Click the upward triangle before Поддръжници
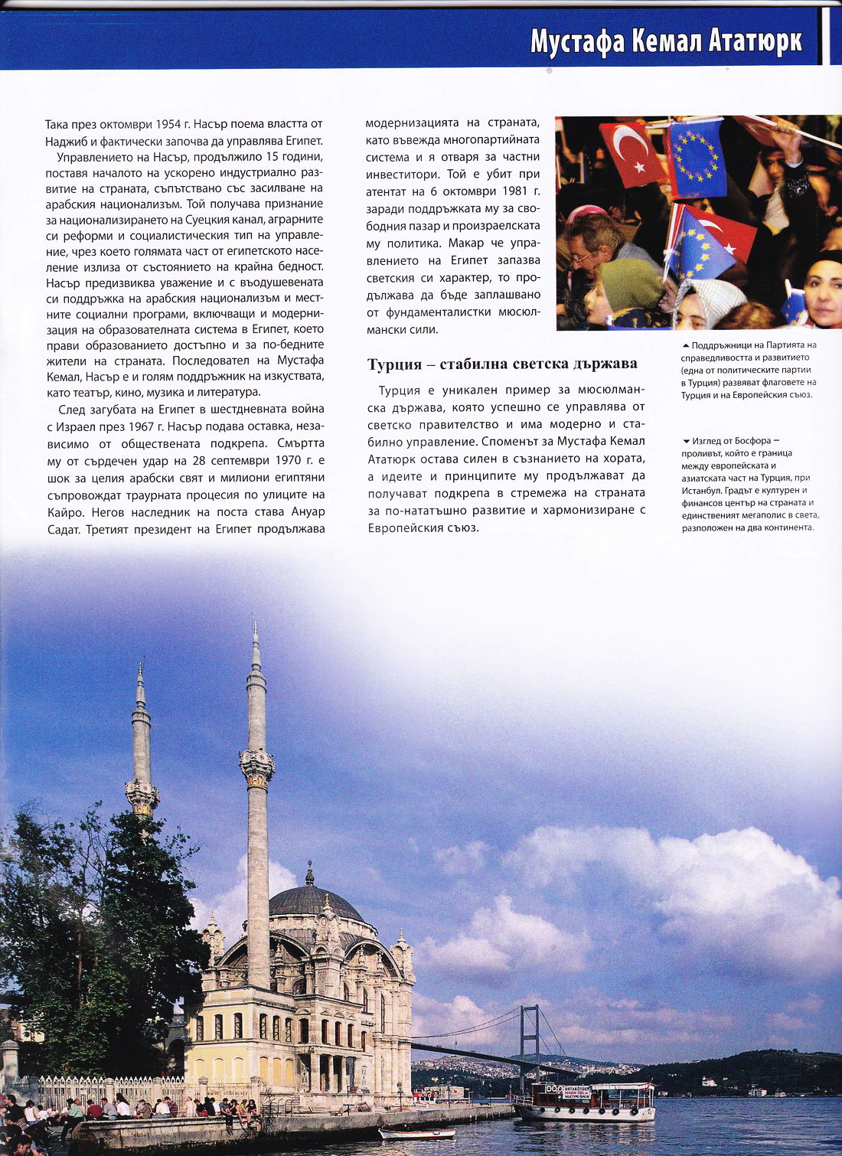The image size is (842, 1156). [685, 346]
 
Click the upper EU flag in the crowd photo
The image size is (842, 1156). [697, 157]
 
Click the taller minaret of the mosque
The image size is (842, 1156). [257, 804]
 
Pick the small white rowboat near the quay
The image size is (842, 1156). [417, 1133]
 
